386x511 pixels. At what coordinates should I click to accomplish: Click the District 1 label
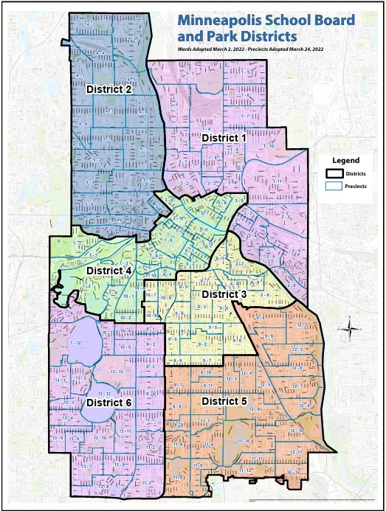pyautogui.click(x=224, y=137)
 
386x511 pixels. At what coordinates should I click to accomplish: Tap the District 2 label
pyautogui.click(x=109, y=89)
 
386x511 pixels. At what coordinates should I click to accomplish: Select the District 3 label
pyautogui.click(x=224, y=293)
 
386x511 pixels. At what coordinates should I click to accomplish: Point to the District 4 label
pyautogui.click(x=109, y=271)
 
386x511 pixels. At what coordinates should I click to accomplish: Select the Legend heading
pyautogui.click(x=345, y=159)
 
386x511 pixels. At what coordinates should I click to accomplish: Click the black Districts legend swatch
pyautogui.click(x=334, y=173)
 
